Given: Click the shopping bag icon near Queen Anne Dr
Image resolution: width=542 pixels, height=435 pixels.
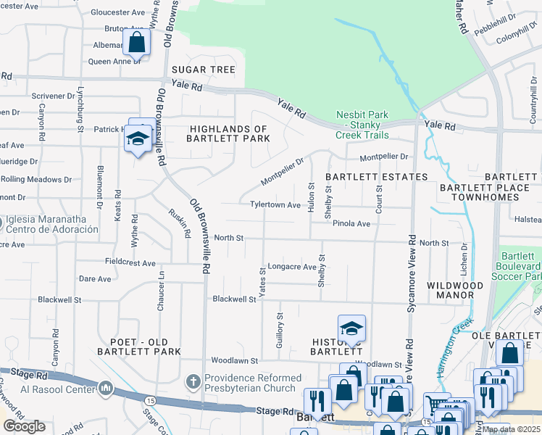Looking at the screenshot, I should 137,43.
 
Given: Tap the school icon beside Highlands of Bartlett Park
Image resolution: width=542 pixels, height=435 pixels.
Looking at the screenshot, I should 137,138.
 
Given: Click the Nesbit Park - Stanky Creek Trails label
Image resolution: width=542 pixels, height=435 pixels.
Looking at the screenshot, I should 362,125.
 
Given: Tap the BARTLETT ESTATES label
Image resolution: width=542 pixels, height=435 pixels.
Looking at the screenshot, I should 375,176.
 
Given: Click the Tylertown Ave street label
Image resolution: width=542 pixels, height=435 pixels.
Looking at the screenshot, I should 275,205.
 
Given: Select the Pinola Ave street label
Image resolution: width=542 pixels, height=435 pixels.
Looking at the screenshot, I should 351,224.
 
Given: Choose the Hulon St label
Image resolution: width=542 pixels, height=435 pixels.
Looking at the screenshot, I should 312,196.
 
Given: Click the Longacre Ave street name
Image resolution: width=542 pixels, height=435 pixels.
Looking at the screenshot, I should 292,267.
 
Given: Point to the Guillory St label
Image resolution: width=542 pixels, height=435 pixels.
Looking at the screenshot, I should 280,331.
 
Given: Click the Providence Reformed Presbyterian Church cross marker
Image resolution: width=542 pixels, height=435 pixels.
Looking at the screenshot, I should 193,381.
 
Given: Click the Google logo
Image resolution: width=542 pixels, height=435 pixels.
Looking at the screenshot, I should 24,426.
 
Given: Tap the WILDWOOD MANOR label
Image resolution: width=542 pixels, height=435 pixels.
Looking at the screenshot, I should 455,286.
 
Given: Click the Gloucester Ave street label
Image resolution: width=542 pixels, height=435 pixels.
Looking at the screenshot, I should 120,12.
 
